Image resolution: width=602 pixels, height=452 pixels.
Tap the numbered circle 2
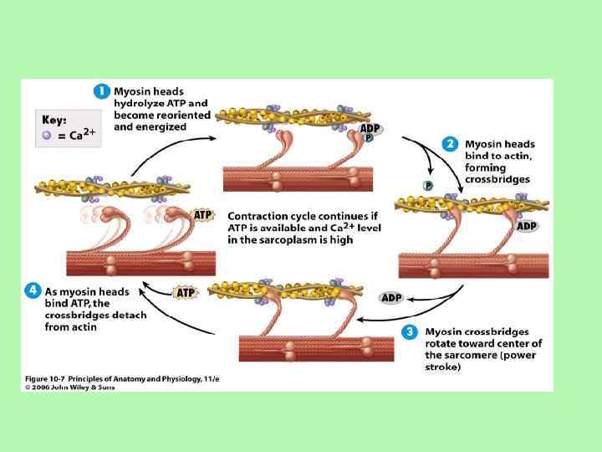click(450, 143)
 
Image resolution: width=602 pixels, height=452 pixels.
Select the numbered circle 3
click(409, 332)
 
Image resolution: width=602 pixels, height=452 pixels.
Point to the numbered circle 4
click(32, 290)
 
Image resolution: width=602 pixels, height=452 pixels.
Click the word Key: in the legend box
click(54, 121)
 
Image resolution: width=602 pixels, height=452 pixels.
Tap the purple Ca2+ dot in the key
click(47, 135)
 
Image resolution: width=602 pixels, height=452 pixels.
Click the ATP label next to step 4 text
click(186, 293)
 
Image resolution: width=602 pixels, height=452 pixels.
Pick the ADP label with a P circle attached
click(370, 130)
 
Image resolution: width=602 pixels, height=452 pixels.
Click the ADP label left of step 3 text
click(391, 297)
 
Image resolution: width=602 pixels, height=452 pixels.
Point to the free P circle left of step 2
click(427, 186)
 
